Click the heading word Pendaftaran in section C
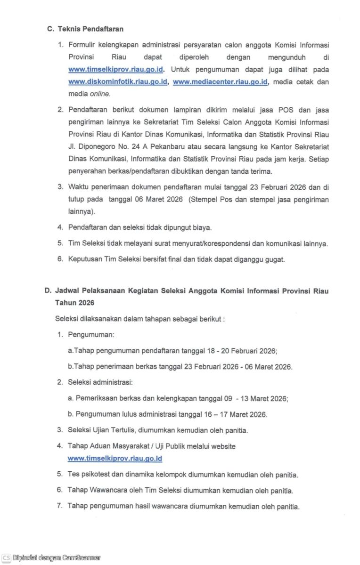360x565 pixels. coord(103,29)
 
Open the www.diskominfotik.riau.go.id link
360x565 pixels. coord(118,81)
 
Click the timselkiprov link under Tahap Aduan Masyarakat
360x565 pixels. coord(115,458)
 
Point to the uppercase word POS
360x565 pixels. coord(288,110)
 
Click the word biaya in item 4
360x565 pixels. coord(201,227)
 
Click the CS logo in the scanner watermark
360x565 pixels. coord(6,558)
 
